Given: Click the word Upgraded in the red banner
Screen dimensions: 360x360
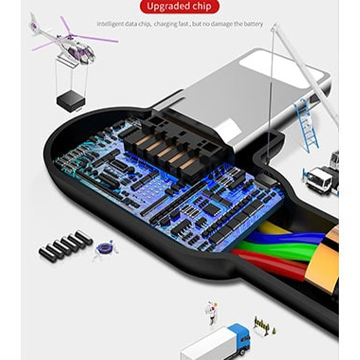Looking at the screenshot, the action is pyautogui.click(x=169, y=7).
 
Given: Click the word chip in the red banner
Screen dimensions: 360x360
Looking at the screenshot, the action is pyautogui.click(x=202, y=7).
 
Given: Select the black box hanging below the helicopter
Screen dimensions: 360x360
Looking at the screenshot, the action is pyautogui.click(x=71, y=100).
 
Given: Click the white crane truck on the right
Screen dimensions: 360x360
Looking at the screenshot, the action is pyautogui.click(x=321, y=177).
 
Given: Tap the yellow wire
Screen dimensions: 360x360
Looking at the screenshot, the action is pyautogui.click(x=273, y=229).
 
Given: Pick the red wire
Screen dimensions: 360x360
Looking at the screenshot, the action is pyautogui.click(x=271, y=264).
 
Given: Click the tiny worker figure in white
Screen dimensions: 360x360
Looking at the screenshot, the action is pyautogui.click(x=211, y=313).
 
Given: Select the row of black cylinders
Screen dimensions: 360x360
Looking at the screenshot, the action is pyautogui.click(x=66, y=246).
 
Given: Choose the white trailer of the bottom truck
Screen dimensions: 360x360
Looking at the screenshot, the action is pyautogui.click(x=208, y=344).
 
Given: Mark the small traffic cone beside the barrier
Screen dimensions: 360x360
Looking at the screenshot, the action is pyautogui.click(x=274, y=331).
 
